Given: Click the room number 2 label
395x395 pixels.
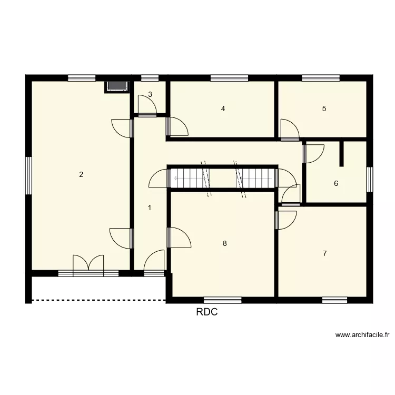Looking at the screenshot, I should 81,175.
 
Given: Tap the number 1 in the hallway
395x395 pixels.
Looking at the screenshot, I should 150,208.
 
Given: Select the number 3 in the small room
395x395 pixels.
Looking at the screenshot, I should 150,95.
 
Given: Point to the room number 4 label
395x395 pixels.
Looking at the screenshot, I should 223,109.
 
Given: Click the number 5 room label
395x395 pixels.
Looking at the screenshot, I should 324,109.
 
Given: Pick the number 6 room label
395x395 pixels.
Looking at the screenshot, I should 335,184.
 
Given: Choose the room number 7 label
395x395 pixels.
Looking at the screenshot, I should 324,253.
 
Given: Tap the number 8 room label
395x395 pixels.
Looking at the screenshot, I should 225,243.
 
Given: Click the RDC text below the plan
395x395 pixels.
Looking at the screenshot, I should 207,312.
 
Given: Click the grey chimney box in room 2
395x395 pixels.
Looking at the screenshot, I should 116,86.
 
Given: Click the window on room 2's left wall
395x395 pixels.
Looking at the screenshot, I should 29,175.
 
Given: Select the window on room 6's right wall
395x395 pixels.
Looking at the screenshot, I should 370,179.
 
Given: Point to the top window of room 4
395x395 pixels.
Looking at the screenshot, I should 229,78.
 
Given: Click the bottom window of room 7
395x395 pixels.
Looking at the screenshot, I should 334,300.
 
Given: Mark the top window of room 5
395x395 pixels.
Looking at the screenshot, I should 320,78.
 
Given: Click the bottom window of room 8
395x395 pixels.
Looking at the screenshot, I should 222,300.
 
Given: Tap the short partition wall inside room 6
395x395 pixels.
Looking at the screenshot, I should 342,153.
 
